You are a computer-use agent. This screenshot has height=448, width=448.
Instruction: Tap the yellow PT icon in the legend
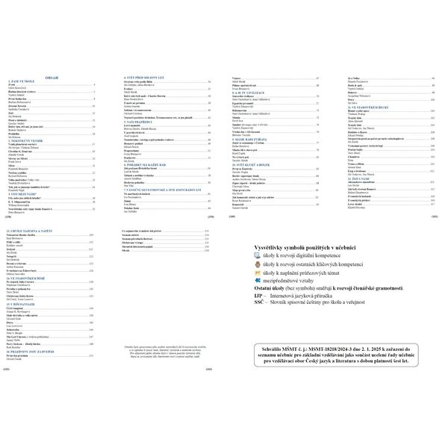tap(258, 274)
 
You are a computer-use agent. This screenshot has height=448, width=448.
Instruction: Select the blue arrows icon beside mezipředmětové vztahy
tap(258, 284)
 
